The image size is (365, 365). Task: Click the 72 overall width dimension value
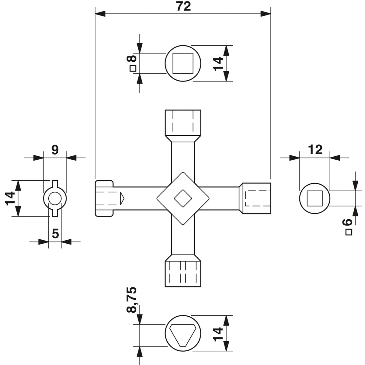pos(183,6)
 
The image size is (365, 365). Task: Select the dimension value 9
pos(55,150)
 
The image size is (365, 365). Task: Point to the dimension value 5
pos(55,234)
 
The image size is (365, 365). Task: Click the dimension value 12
pos(315,150)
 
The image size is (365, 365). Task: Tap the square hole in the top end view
pos(183,63)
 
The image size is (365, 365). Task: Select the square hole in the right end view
pos(315,198)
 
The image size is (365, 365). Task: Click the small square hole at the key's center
pos(183,198)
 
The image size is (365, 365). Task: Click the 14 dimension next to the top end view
pos(218,63)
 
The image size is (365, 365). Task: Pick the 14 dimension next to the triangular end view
pos(218,334)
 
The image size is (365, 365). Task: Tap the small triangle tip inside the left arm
pos(122,198)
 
